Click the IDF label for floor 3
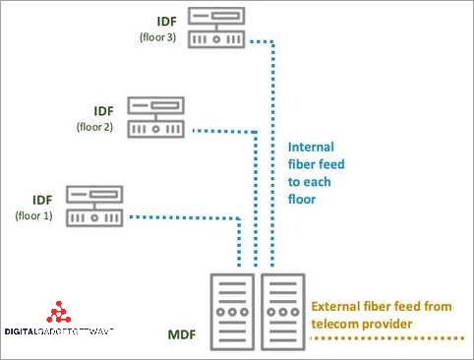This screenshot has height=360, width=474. pyautogui.click(x=167, y=20)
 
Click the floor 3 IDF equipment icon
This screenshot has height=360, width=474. pyautogui.click(x=217, y=29)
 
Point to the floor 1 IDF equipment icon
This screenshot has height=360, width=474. pyautogui.click(x=93, y=207)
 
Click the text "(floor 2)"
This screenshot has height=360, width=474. pyautogui.click(x=95, y=127)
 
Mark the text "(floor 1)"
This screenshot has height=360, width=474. pyautogui.click(x=35, y=215)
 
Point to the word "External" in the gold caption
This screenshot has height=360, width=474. pyautogui.click(x=339, y=307)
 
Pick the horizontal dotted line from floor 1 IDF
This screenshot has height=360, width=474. pyautogui.click(x=182, y=216)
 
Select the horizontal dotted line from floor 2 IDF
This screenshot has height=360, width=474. pyautogui.click(x=221, y=130)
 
